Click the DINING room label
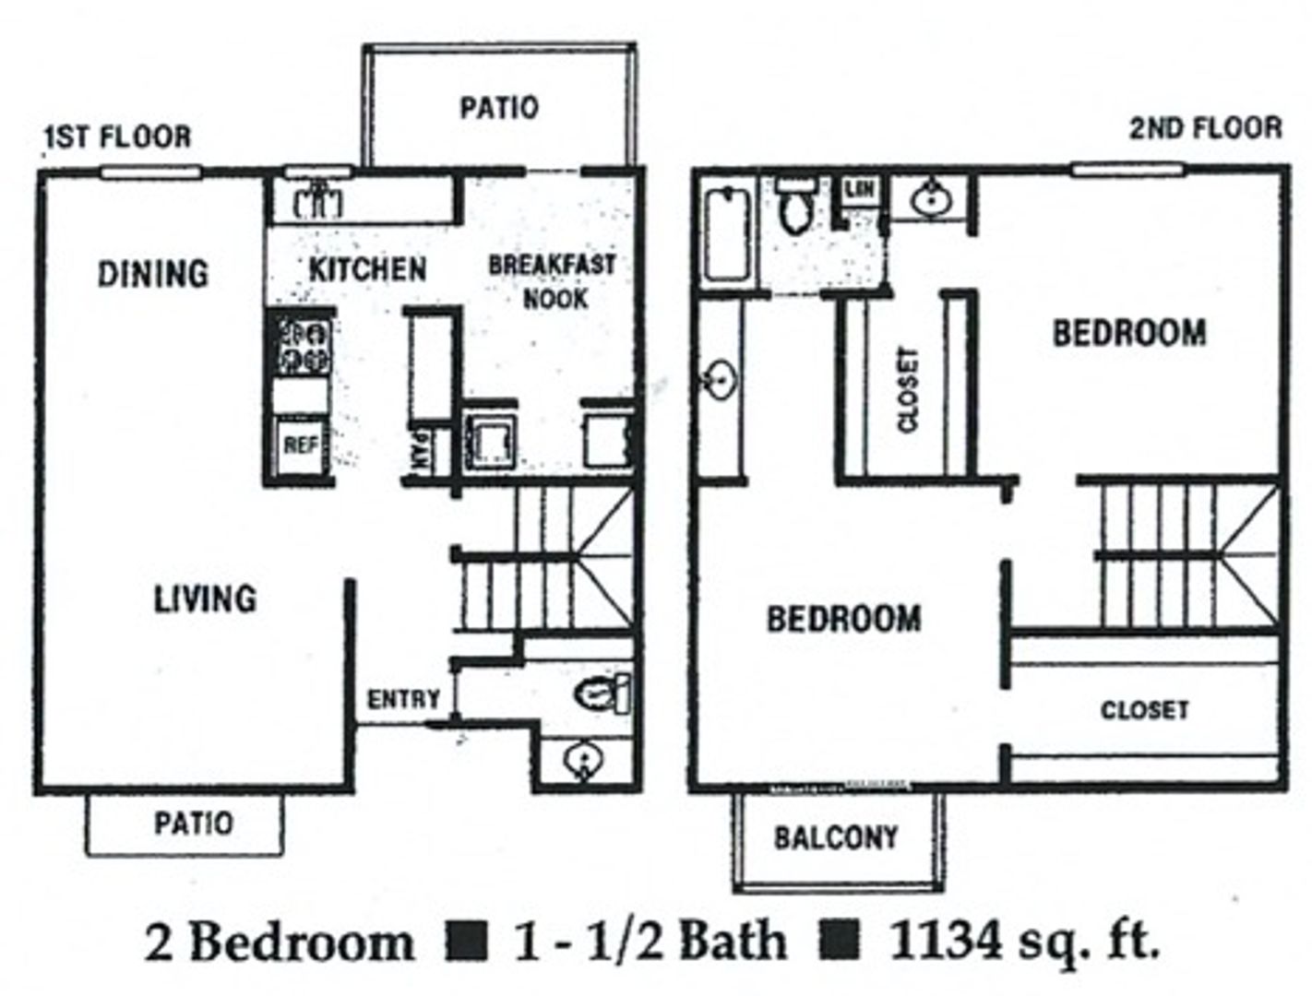(153, 273)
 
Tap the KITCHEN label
(367, 269)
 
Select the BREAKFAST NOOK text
(552, 281)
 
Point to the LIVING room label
(205, 599)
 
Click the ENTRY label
(403, 699)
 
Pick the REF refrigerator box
(301, 445)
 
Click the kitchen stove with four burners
(300, 345)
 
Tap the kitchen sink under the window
(317, 200)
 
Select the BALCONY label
(835, 837)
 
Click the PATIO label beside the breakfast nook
(499, 108)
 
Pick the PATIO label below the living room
(194, 823)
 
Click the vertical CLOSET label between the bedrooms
(908, 389)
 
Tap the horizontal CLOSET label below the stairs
(1144, 710)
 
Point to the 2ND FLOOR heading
(1205, 127)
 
